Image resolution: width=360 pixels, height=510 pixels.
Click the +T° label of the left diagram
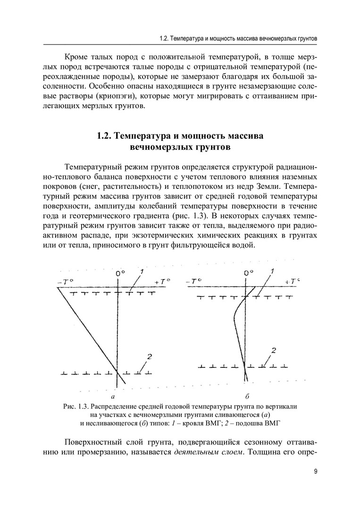pos(162,281)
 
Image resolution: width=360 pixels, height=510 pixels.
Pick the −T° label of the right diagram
pos(194,282)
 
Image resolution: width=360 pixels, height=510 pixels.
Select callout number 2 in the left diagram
pos(148,356)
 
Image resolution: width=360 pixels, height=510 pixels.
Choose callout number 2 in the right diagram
pos(273,350)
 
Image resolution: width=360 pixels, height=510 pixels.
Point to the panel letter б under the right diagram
pos(247,397)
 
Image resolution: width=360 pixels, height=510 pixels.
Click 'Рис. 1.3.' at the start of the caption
pos(75,406)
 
